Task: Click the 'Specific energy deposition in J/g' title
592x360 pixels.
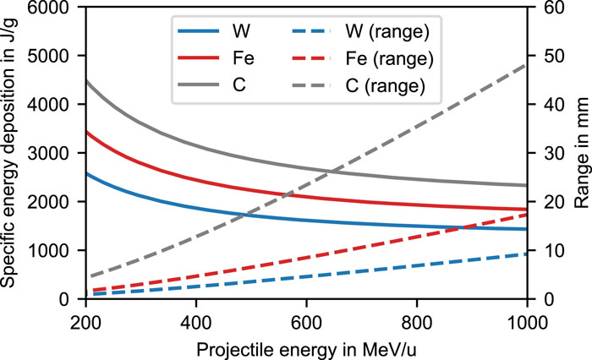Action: tap(12, 154)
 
